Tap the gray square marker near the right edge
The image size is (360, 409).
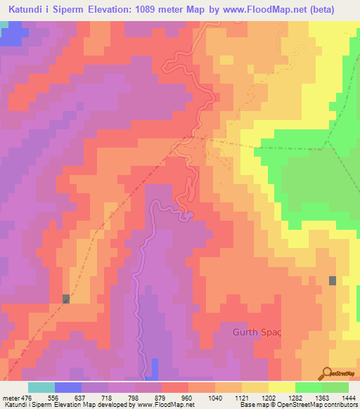[333, 280]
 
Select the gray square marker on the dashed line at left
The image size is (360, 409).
[66, 299]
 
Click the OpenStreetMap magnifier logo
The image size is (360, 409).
[326, 372]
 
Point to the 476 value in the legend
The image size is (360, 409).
[26, 397]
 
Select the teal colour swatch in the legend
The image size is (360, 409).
[41, 387]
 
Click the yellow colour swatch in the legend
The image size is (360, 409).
[282, 387]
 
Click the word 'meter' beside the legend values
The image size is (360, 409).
[9, 397]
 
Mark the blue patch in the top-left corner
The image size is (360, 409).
[10, 34]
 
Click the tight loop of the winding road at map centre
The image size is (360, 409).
[185, 215]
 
